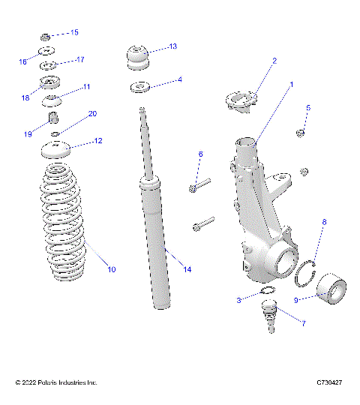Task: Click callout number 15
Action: pyautogui.click(x=74, y=33)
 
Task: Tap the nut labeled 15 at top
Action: pyautogui.click(x=46, y=35)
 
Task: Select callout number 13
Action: pyautogui.click(x=172, y=46)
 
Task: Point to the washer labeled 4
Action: pyautogui.click(x=139, y=88)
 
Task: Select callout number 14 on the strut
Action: pyautogui.click(x=187, y=269)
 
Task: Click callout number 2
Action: pyautogui.click(x=274, y=61)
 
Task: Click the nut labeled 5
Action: pyautogui.click(x=300, y=133)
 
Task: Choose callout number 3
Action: pyautogui.click(x=238, y=300)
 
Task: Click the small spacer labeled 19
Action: pyautogui.click(x=54, y=118)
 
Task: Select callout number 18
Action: pyautogui.click(x=25, y=97)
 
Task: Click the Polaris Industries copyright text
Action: pyautogui.click(x=56, y=383)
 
